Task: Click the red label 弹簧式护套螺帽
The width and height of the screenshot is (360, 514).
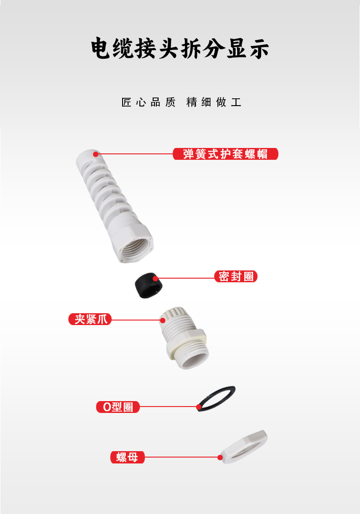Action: point(226,154)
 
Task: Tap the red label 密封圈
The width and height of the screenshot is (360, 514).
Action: point(236,276)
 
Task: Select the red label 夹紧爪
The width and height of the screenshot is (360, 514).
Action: point(90,319)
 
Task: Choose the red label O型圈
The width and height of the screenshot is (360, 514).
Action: point(118,407)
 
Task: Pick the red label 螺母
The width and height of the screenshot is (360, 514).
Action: point(127,457)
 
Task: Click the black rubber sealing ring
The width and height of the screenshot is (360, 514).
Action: point(149,285)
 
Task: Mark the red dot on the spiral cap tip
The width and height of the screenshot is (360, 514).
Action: point(96,154)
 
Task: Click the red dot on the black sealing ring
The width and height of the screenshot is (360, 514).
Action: point(155,279)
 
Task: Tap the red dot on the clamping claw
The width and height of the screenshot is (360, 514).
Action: point(162,320)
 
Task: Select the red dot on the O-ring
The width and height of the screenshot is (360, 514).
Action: point(199,407)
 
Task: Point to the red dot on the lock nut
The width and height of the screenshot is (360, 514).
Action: point(220,457)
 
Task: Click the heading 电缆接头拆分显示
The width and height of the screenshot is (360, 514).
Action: point(180,48)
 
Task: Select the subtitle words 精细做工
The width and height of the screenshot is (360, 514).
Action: point(214,102)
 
